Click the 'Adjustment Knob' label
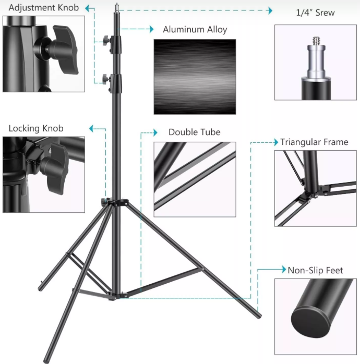pos(44,8)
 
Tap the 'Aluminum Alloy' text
pos(195,30)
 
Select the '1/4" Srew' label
pos(316,13)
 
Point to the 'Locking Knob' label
pos(36,128)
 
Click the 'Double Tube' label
pos(195,132)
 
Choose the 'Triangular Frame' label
pos(314,142)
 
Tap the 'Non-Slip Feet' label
pos(315,271)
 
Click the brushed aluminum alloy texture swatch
pos(195,77)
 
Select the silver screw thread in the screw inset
pos(316,41)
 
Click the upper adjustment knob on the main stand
pos(106,41)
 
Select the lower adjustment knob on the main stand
pos(106,79)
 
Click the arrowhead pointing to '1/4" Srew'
pos(270,10)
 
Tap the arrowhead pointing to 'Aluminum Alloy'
pos(152,29)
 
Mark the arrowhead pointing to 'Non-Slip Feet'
pos(284,269)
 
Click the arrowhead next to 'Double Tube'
pos(155,132)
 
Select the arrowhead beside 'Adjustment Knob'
pos(87,8)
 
